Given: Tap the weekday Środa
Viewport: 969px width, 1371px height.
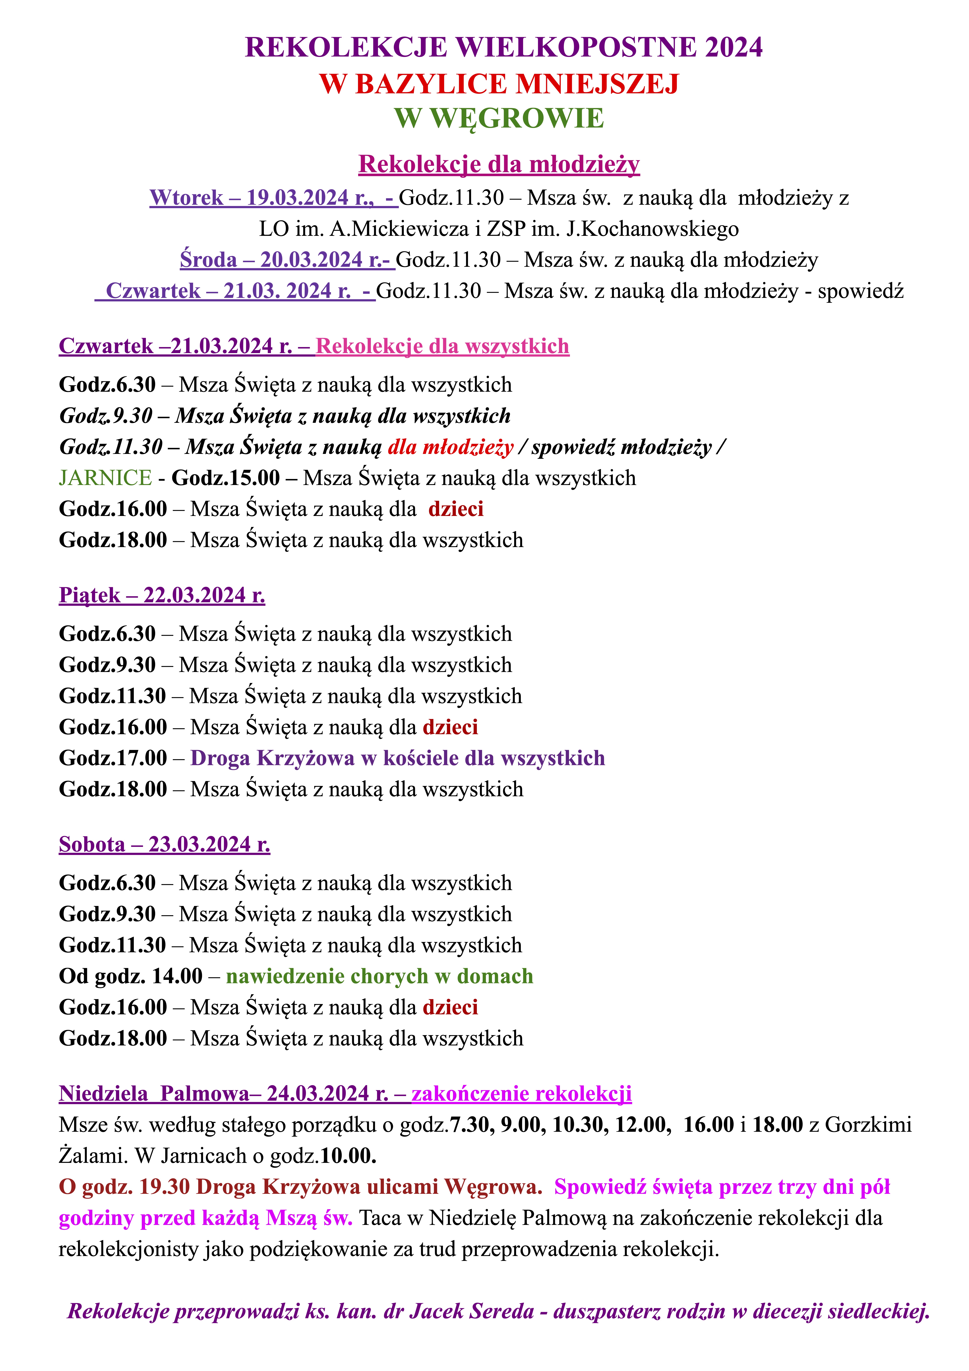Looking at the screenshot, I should [x=208, y=260].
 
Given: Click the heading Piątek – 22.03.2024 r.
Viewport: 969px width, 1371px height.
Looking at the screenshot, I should [x=162, y=595].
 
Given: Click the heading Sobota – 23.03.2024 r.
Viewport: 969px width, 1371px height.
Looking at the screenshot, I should [x=164, y=844].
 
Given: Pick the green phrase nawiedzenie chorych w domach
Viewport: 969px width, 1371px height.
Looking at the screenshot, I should [x=379, y=976].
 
